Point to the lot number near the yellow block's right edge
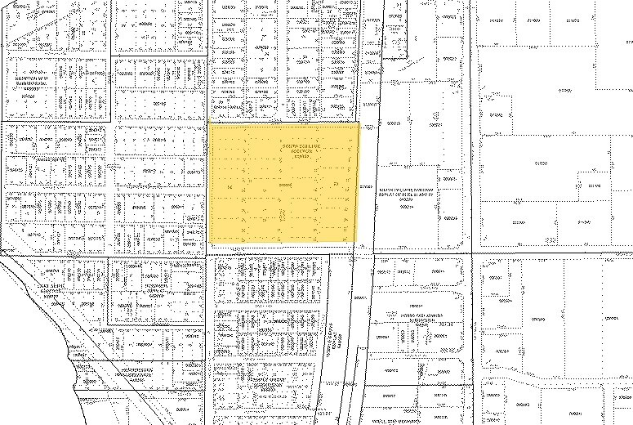click(337, 185)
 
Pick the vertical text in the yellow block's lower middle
click(283, 215)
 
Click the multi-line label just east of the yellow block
click(406, 195)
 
